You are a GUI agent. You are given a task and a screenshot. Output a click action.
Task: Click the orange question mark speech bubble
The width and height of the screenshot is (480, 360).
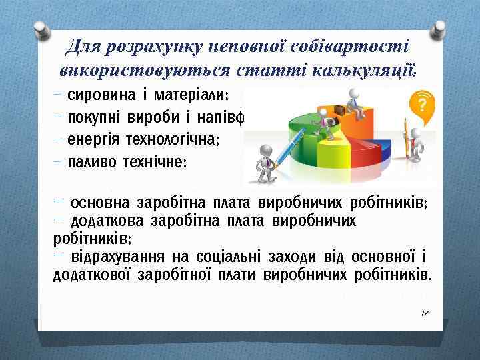pos(421,104)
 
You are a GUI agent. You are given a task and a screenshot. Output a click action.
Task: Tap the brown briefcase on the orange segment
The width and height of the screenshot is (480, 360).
pos(339,109)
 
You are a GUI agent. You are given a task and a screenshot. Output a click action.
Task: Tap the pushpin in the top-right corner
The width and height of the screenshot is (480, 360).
pos(441,30)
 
